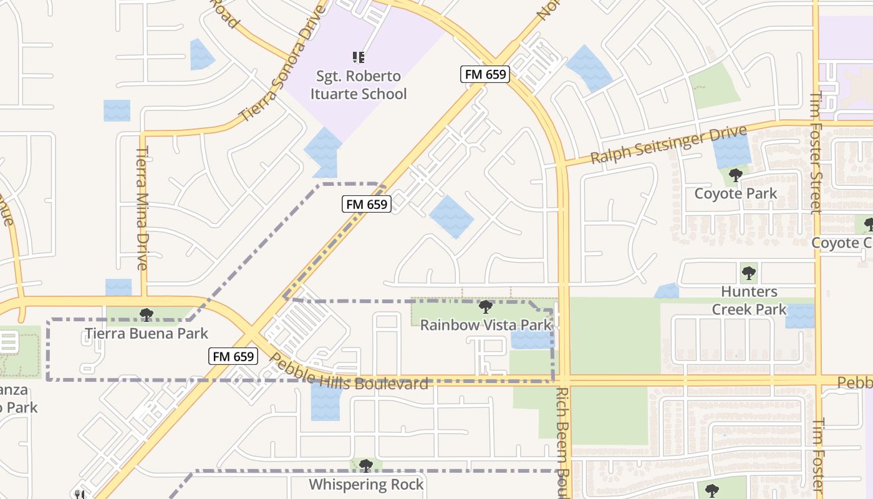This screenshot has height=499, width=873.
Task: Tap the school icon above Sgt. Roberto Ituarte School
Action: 359,57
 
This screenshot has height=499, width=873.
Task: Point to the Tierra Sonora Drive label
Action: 282,62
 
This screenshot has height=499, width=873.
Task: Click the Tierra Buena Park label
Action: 146,334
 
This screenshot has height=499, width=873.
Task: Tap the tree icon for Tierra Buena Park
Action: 147,315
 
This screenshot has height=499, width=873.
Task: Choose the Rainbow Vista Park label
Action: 485,325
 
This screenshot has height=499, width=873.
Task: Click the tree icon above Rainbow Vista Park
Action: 485,307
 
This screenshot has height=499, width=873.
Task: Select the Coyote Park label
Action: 736,193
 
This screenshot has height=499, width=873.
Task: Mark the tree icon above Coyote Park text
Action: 736,175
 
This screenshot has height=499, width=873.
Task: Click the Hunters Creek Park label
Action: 749,300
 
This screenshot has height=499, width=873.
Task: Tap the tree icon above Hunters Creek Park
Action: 748,273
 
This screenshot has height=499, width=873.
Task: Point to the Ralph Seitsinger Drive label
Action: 668,145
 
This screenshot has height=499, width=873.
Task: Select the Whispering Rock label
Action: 366,484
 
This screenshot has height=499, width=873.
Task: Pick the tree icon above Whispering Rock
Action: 366,465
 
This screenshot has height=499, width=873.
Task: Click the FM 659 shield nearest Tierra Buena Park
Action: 233,356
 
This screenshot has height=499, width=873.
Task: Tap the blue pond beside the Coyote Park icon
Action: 731,150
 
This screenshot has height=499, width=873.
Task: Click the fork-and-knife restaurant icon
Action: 79,495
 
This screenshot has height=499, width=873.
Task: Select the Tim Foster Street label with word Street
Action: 816,153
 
